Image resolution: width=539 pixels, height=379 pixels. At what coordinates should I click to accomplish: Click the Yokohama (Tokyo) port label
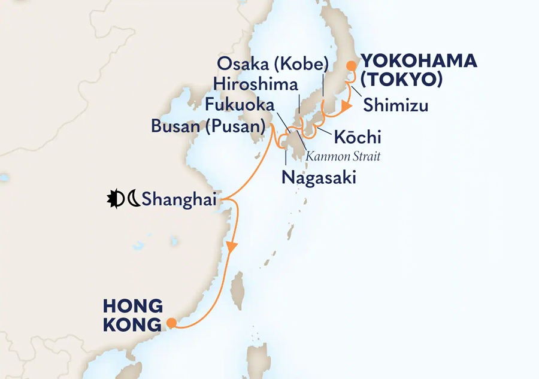pos(418,70)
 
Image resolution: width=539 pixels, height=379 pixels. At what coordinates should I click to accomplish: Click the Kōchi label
pos(358,137)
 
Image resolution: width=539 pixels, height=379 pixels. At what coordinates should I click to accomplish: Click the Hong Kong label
pos(133,316)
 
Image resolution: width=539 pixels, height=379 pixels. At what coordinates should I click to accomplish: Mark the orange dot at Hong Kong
pos(171,323)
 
